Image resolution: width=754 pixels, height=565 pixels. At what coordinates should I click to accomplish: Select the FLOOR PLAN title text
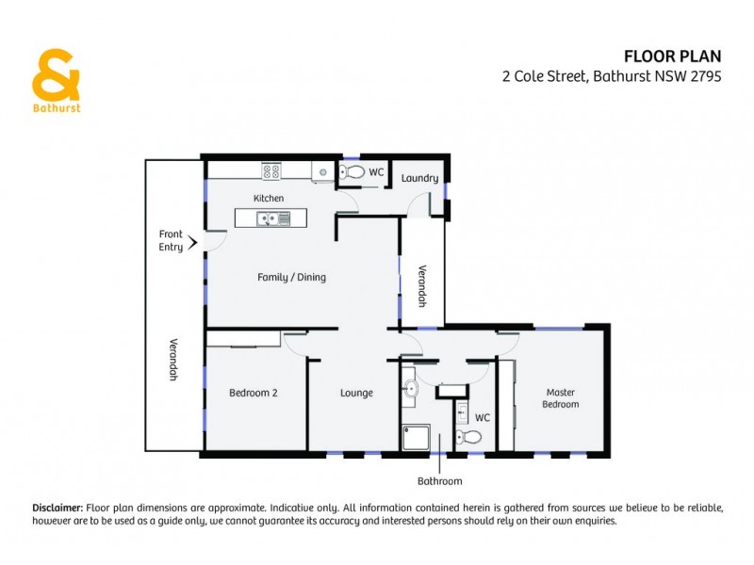[x=674, y=56]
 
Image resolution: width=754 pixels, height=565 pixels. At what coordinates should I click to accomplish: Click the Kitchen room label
[x=268, y=198]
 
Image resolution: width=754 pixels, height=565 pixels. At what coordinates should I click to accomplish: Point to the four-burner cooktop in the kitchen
[x=271, y=171]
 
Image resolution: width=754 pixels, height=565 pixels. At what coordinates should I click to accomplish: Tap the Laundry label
[x=419, y=178]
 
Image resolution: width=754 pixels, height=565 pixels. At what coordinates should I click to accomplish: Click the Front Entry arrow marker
[x=193, y=242]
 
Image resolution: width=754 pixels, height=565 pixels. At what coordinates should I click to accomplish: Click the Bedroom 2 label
[x=253, y=393]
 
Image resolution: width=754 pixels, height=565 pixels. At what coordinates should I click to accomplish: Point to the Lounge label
[x=356, y=393]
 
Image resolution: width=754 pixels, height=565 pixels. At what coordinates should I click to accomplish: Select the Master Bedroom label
[x=559, y=397]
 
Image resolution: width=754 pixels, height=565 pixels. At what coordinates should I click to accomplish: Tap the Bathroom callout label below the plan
[x=440, y=481]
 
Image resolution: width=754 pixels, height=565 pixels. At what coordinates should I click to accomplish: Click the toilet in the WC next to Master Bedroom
[x=468, y=436]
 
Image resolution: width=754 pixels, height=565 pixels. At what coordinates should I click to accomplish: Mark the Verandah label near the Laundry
[x=423, y=284]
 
